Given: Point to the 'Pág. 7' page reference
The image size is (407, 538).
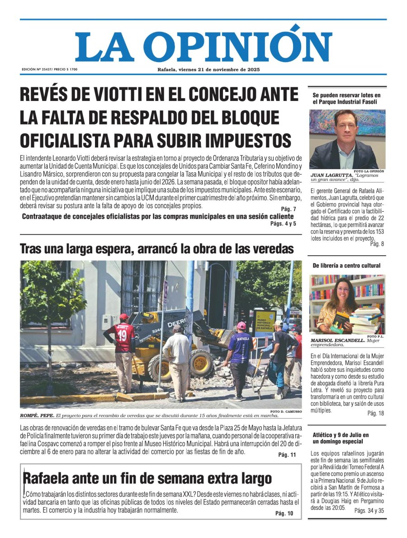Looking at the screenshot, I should [288, 209].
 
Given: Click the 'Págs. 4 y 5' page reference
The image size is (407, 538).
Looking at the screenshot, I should [283, 224].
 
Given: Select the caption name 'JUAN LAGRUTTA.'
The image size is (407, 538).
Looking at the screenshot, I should [326, 175].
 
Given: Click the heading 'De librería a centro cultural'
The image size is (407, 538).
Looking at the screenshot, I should [346, 266].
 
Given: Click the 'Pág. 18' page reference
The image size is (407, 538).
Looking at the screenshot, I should [375, 413].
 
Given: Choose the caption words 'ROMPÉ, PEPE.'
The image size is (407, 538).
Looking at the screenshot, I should [37, 415].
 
